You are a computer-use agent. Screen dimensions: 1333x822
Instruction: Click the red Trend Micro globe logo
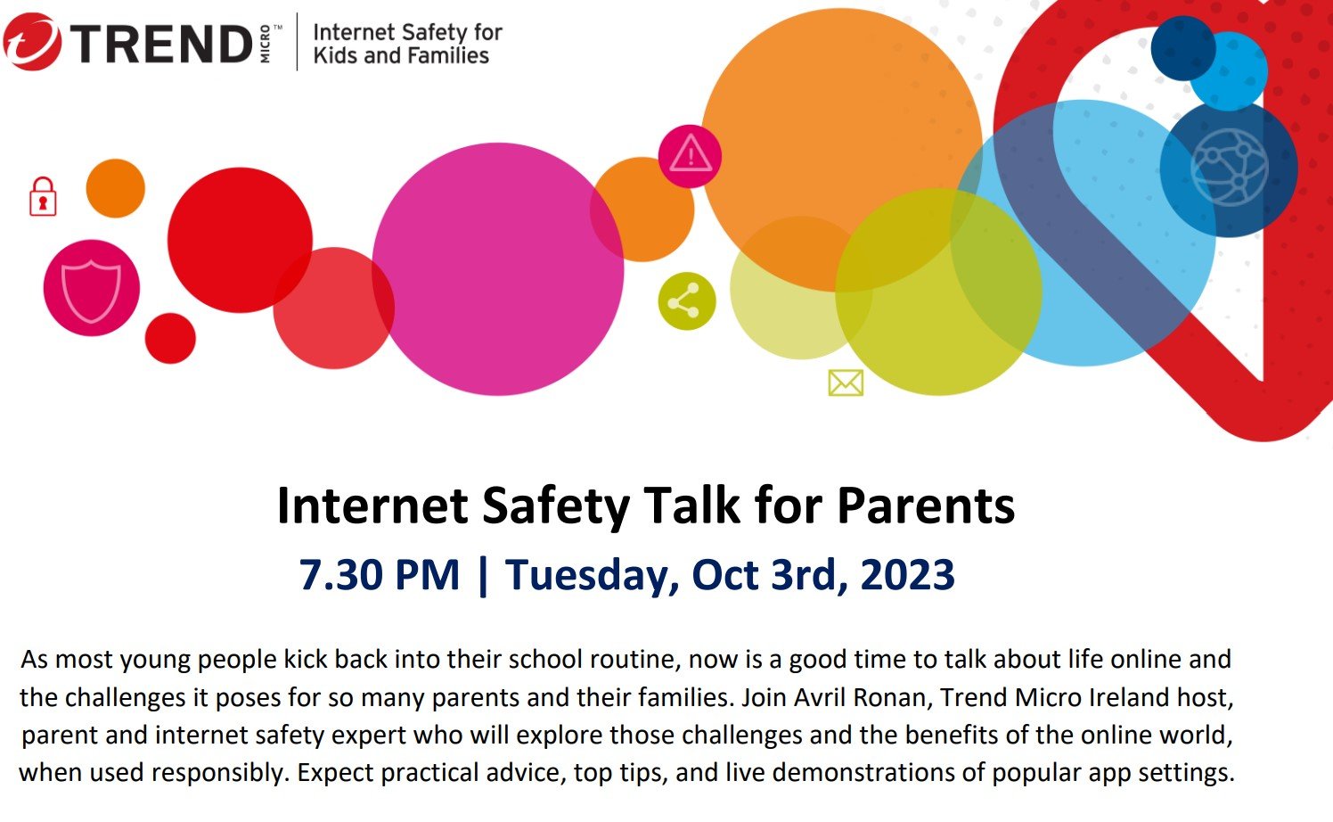[32, 42]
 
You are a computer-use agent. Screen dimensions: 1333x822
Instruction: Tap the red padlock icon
[43, 196]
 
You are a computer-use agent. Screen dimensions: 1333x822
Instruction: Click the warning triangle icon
[691, 155]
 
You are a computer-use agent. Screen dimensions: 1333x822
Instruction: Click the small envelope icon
[846, 382]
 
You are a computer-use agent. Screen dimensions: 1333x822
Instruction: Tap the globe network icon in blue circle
[1230, 168]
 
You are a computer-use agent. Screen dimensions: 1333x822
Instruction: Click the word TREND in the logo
[162, 44]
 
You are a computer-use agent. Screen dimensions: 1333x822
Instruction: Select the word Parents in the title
[926, 506]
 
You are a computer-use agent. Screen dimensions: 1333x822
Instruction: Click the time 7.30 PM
[379, 575]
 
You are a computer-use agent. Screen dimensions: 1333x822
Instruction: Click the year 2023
[907, 575]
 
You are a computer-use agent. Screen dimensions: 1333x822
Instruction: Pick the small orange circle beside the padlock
[116, 188]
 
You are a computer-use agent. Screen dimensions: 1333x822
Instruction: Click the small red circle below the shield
[170, 338]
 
